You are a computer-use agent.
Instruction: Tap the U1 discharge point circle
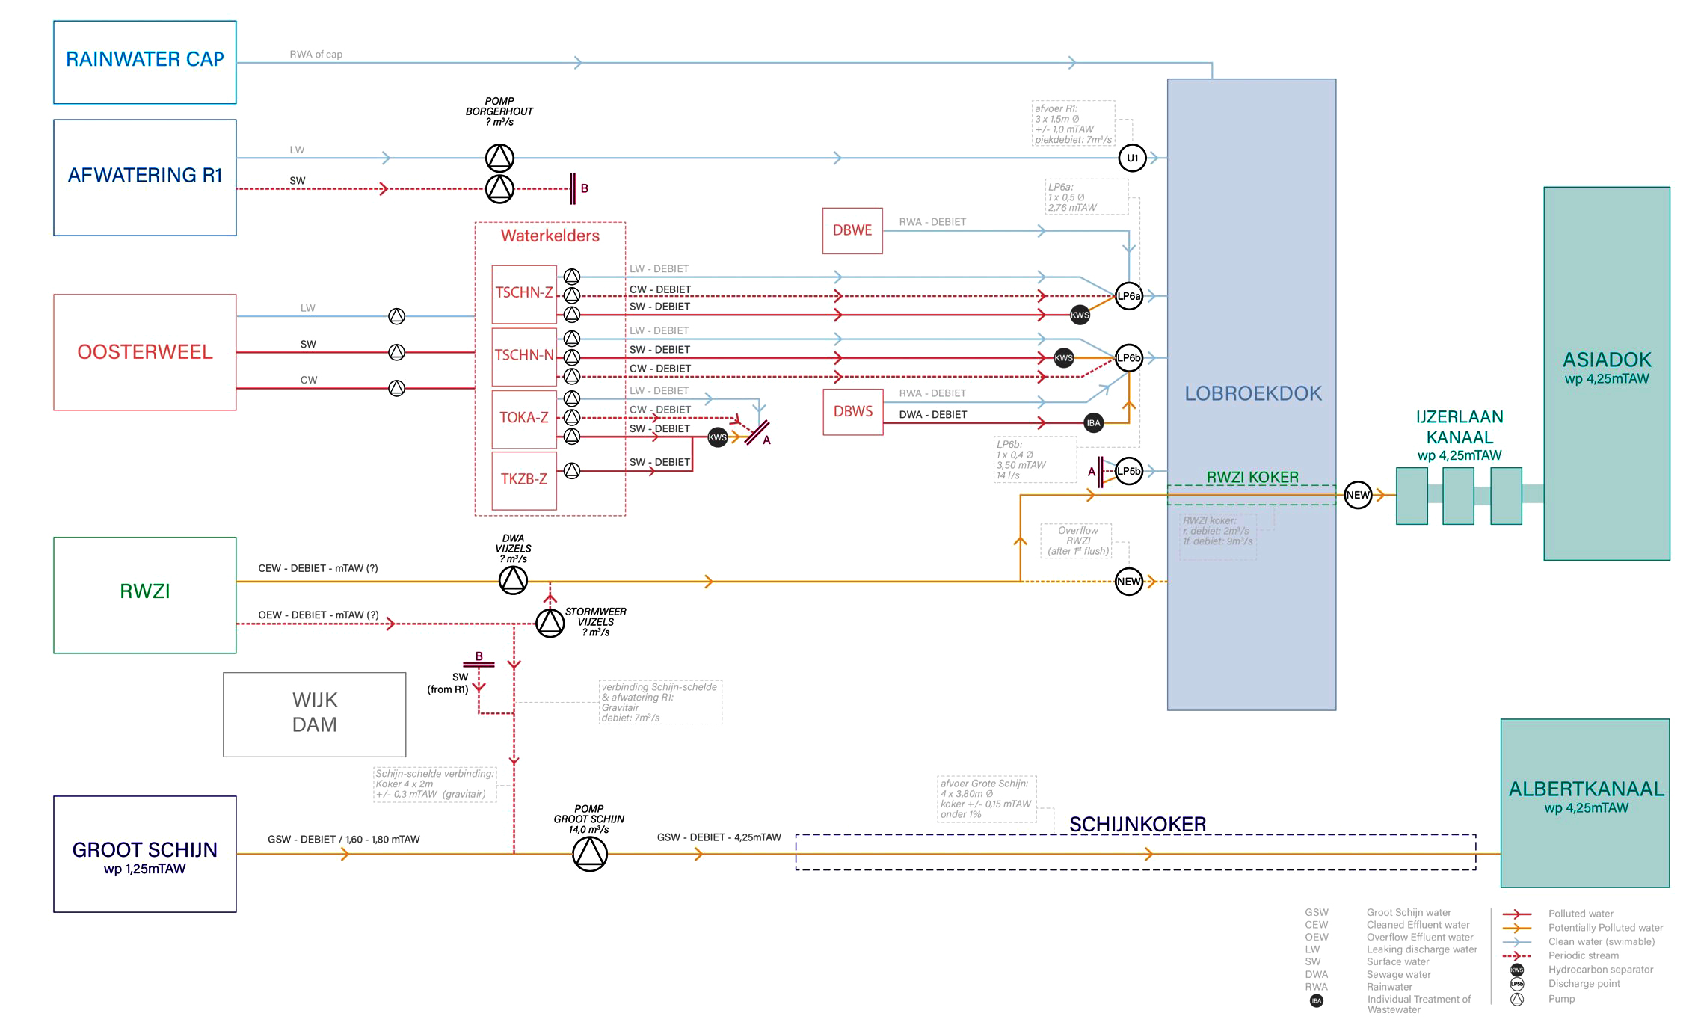click(1132, 158)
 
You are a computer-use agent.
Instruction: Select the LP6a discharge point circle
click(1128, 296)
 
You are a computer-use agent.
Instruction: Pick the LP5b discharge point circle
click(1128, 471)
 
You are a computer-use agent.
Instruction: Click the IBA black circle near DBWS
click(1093, 423)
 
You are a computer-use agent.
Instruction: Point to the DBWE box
click(852, 230)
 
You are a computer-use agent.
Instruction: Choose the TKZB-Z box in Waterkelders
click(524, 479)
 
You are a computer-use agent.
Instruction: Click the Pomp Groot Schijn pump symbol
click(590, 853)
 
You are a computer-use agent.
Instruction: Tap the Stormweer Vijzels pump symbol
click(550, 622)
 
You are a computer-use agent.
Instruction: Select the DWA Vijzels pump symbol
click(513, 580)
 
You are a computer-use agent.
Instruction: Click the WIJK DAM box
click(314, 714)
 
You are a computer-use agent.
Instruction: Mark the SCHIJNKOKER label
click(1137, 824)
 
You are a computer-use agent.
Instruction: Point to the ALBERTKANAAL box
click(1585, 803)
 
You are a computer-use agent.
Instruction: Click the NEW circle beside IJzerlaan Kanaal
click(1358, 495)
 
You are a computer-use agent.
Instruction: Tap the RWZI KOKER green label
click(1252, 477)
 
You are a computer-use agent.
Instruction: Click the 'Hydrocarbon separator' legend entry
click(1600, 970)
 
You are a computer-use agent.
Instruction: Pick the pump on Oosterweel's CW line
click(397, 388)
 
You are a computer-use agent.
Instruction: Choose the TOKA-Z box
click(524, 418)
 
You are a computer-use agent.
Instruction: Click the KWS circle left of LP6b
click(1063, 358)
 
